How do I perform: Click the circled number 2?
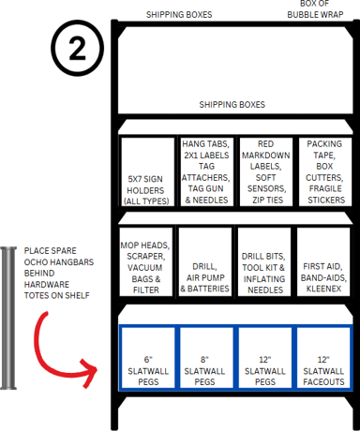[x=77, y=49]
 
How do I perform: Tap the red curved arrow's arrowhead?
[x=89, y=373]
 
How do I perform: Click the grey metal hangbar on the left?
[x=8, y=318]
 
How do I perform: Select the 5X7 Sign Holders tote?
[x=147, y=171]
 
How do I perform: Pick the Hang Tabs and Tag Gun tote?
[x=206, y=171]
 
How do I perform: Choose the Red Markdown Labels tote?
[x=266, y=171]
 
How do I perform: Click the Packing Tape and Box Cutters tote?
[x=325, y=171]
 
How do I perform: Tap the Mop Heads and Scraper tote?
[x=146, y=261]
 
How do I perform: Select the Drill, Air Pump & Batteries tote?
[x=205, y=261]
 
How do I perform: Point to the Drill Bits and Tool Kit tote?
[x=264, y=261]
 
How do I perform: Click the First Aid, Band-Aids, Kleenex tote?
[x=323, y=261]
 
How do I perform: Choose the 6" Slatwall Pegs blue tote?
[x=148, y=358]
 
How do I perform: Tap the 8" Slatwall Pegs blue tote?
[x=204, y=358]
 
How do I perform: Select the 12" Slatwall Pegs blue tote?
[x=265, y=358]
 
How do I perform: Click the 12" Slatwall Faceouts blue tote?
[x=323, y=358]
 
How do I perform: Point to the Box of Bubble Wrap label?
[x=315, y=9]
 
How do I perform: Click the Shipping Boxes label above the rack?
[x=179, y=15]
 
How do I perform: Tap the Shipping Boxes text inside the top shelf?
[x=232, y=104]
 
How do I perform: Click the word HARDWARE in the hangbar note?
[x=47, y=284]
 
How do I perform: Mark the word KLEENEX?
[x=323, y=289]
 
